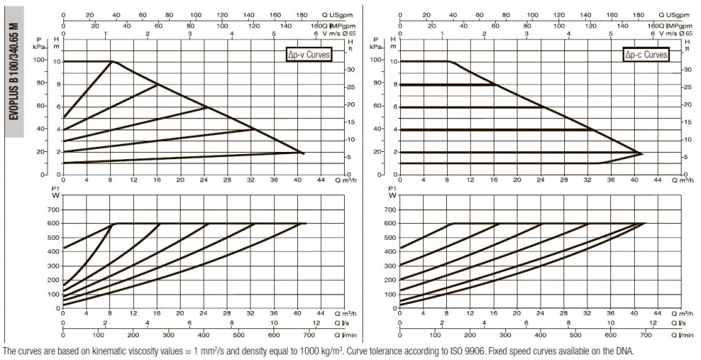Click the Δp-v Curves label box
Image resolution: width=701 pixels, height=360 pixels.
click(309, 55)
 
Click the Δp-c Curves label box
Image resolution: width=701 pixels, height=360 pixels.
click(646, 55)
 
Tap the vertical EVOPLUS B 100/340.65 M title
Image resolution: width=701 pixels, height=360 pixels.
click(14, 71)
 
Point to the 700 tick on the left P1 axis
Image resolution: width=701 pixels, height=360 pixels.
click(53, 210)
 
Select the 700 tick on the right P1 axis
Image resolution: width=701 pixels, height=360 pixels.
click(389, 210)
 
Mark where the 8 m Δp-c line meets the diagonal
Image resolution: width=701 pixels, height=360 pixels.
click(494, 84)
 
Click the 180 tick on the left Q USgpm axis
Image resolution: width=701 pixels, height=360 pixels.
click(302, 15)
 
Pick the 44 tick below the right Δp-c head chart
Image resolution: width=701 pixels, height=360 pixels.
click(657, 180)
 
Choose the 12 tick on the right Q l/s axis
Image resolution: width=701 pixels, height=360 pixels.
click(653, 323)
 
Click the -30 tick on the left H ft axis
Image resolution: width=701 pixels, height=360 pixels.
click(350, 70)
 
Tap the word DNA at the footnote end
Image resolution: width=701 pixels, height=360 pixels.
click(627, 351)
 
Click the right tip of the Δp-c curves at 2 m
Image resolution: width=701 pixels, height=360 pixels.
click(643, 154)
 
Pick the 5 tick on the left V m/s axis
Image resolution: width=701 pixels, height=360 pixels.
click(273, 34)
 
